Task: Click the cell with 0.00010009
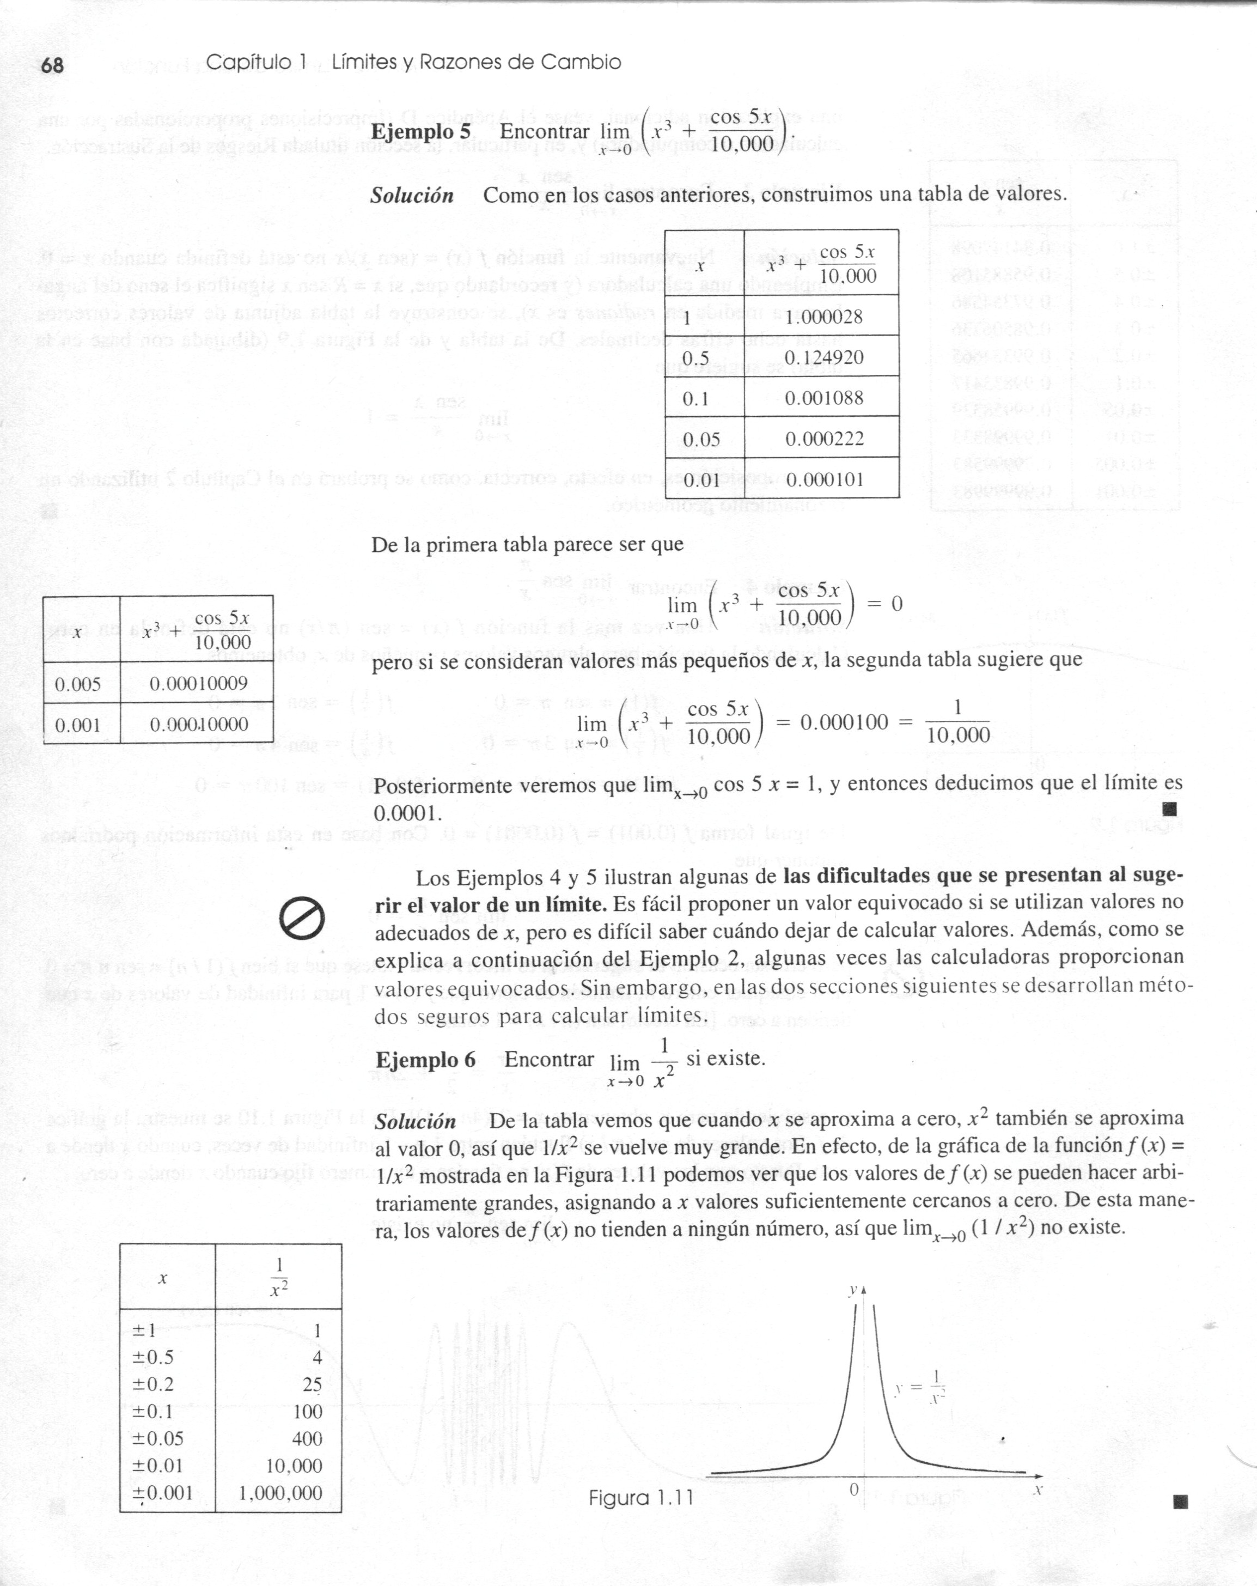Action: tap(199, 683)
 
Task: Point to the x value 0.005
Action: tap(78, 684)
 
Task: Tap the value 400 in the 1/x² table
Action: tap(307, 1438)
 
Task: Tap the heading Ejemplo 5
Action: tap(420, 132)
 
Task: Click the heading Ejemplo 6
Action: tap(425, 1060)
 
